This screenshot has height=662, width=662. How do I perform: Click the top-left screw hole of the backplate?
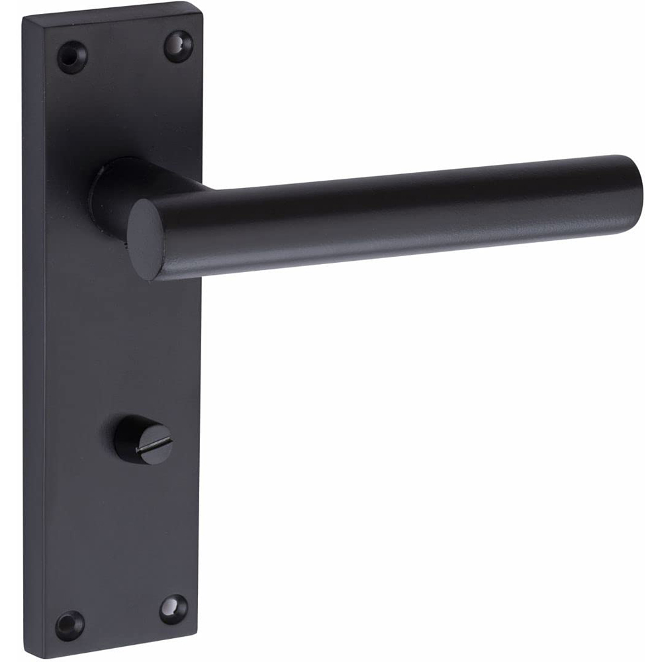tap(71, 56)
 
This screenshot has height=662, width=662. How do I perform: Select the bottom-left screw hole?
tap(70, 624)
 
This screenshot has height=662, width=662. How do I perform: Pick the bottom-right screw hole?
tap(173, 608)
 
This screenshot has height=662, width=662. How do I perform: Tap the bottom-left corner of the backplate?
tap(26, 655)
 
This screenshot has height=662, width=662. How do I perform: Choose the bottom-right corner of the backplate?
tap(197, 636)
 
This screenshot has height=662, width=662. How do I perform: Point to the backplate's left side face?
tap(33, 331)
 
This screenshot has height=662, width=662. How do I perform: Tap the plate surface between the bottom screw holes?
tap(122, 616)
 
